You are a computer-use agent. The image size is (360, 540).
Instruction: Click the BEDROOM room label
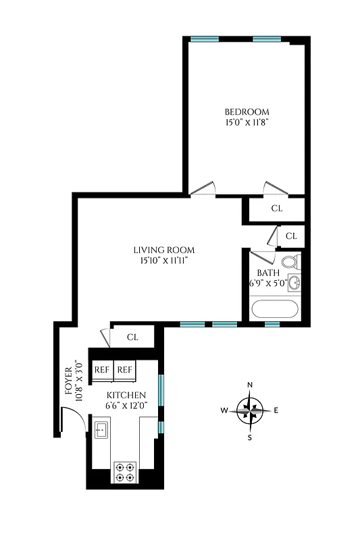(x=247, y=112)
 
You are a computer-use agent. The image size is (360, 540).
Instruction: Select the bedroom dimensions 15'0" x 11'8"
(x=247, y=124)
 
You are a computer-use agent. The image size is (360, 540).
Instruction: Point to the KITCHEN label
(x=126, y=395)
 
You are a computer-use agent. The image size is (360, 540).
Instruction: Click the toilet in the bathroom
(x=291, y=262)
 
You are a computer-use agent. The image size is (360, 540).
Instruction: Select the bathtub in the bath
(x=274, y=309)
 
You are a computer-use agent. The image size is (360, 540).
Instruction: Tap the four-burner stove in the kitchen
(x=124, y=470)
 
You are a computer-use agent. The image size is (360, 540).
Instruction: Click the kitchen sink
(x=102, y=429)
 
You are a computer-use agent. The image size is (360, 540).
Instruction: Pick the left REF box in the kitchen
(x=102, y=370)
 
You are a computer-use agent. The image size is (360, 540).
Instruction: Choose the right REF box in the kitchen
(x=125, y=370)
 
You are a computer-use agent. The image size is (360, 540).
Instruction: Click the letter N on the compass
(x=250, y=385)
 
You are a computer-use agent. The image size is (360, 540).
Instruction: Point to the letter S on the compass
(x=249, y=437)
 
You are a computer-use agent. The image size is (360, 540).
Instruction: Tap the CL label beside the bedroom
(x=276, y=209)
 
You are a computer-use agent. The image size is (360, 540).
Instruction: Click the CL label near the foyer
(x=132, y=337)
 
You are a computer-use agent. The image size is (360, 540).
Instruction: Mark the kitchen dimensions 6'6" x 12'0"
(x=126, y=406)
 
